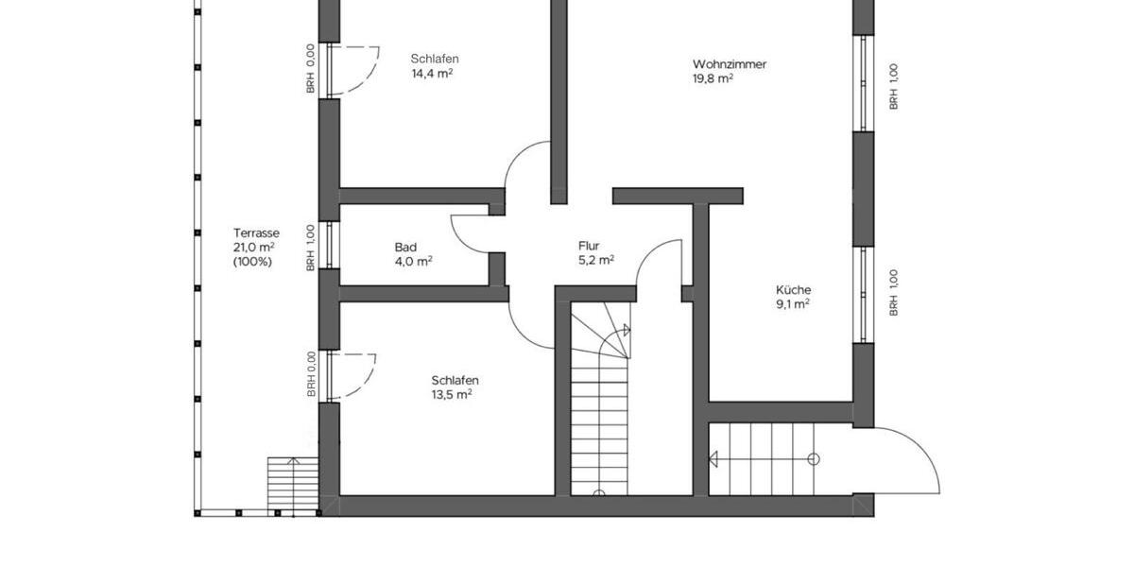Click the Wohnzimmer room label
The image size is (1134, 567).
(729, 64)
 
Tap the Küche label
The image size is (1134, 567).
(793, 290)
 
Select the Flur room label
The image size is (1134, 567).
(589, 246)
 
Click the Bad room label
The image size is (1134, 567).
(405, 248)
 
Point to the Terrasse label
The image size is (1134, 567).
(256, 232)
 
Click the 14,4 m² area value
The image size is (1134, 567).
(431, 74)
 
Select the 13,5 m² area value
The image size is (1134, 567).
(452, 395)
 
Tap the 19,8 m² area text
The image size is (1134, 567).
(713, 79)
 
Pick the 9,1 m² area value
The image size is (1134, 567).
(793, 304)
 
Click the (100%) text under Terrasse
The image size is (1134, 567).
(252, 262)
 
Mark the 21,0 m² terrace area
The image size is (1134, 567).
(253, 248)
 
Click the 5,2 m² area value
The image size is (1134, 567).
(596, 260)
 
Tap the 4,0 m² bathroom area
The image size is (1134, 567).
(413, 262)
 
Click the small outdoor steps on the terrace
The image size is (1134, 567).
(292, 484)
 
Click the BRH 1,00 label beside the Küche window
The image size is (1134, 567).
(893, 293)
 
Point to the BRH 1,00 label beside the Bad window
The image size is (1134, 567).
(310, 249)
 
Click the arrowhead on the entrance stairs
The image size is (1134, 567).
(714, 460)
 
